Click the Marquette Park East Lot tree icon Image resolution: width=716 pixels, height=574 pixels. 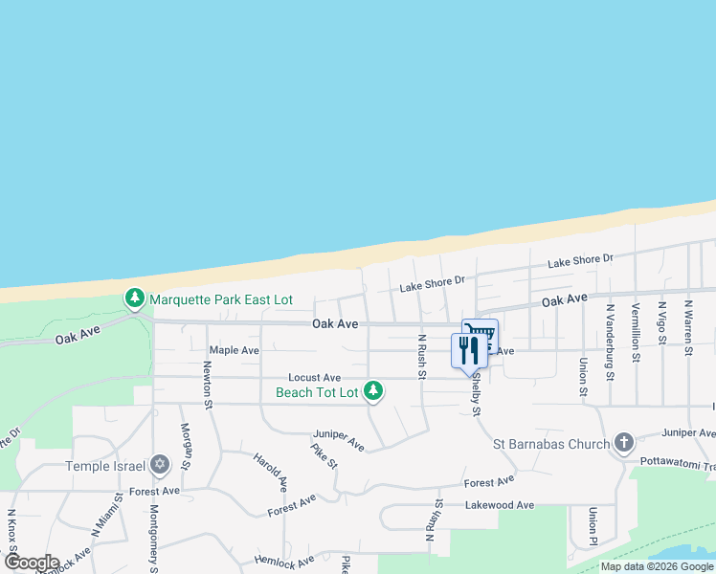pos(135,299)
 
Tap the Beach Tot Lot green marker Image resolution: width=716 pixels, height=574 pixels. pos(373,391)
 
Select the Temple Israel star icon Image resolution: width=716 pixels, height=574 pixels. pos(160,466)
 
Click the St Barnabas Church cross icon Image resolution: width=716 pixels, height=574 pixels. pos(624,443)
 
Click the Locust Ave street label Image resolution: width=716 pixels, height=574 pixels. pos(315,378)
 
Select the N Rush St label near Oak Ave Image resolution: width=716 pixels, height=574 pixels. pos(420,356)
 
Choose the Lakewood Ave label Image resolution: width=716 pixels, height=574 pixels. pos(499,505)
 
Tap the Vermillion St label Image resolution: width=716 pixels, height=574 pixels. pos(636,332)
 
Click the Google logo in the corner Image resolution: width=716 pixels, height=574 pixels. pos(32,563)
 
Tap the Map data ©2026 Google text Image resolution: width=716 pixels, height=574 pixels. pos(657,566)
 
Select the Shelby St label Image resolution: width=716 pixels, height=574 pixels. pos(474,394)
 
